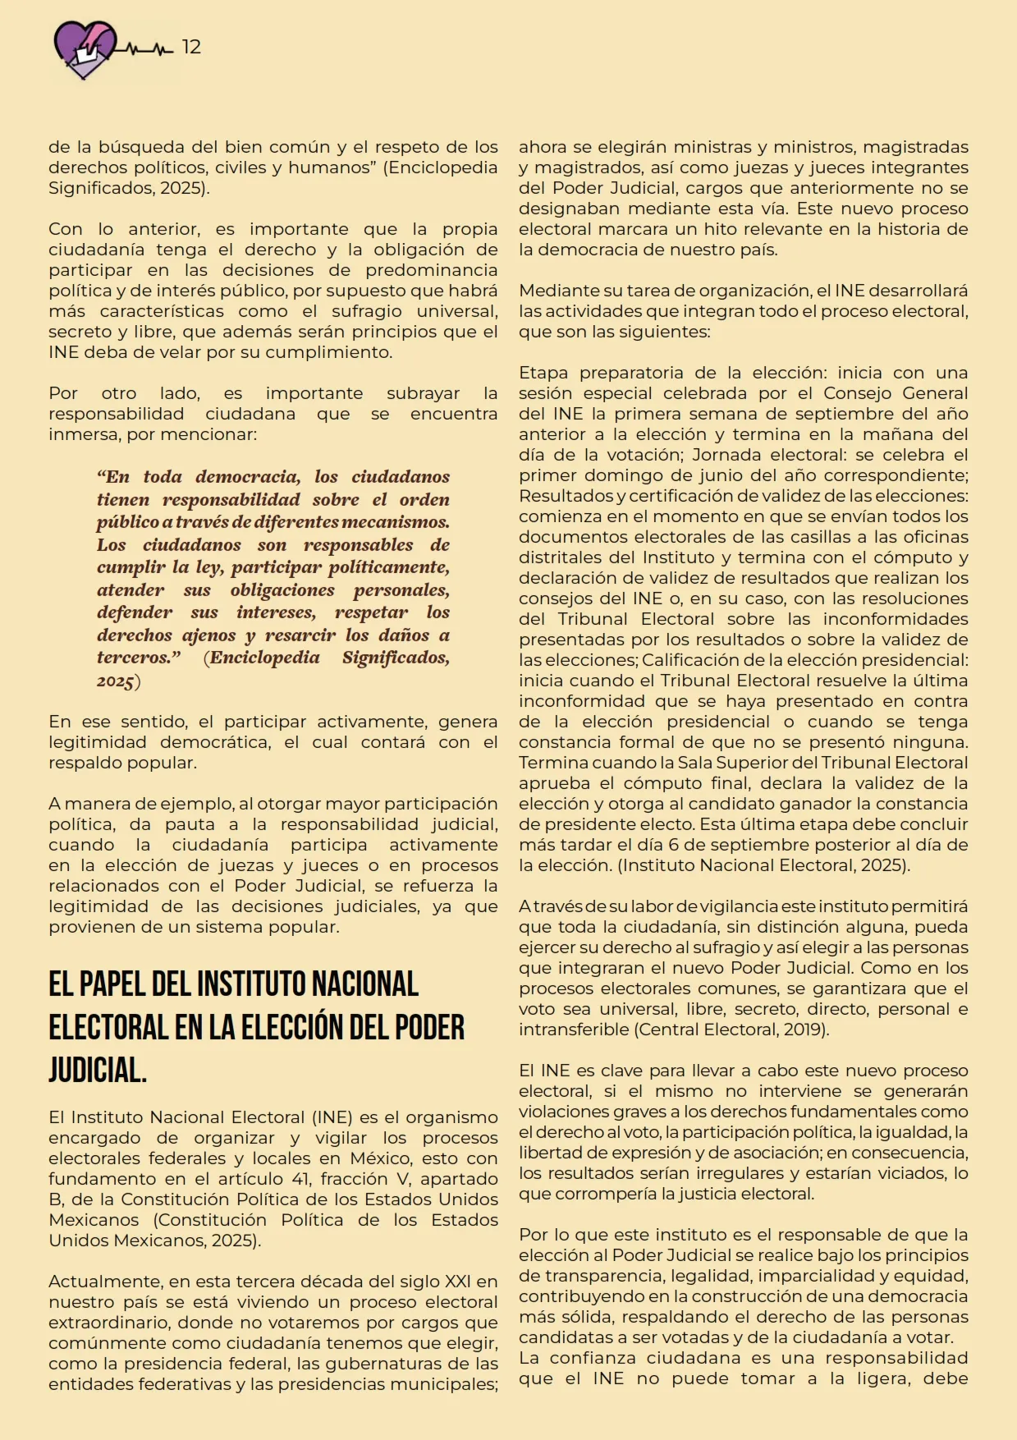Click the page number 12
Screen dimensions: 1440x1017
coord(191,47)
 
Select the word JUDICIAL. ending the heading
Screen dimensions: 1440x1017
coord(98,1070)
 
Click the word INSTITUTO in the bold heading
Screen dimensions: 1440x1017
coord(249,984)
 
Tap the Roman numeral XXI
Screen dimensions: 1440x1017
coord(457,1282)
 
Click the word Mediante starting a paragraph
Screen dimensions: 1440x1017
coord(552,291)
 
